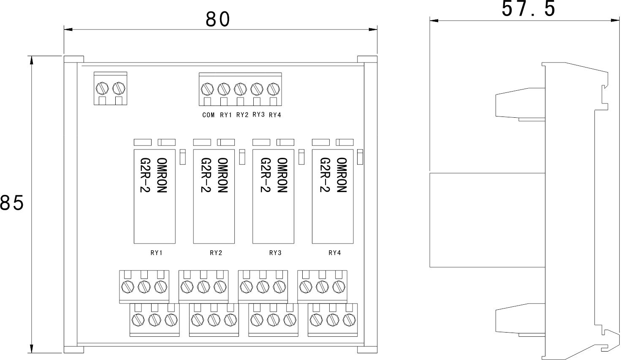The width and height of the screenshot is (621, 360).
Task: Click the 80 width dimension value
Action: pos(218,19)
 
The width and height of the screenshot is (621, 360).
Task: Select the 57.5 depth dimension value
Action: pos(529,9)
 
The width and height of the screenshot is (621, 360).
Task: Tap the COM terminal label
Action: pos(209,115)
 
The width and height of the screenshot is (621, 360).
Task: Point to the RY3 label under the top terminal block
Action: pos(258,115)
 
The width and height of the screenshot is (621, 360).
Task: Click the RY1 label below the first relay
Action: pos(157,253)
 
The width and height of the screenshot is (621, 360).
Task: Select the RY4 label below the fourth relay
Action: pos(334,253)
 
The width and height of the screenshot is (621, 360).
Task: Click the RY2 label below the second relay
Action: pos(216,253)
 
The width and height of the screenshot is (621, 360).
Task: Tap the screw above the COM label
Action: pos(207,89)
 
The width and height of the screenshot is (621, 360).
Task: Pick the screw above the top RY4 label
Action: pos(274,89)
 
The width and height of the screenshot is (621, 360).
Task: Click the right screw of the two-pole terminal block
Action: pos(119,88)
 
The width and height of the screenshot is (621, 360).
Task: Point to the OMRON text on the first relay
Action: pos(162,175)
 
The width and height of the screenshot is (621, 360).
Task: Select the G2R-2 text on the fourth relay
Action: pos(325,175)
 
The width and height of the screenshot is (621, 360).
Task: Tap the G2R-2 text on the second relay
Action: pos(206,175)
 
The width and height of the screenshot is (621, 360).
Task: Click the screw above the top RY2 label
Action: pos(240,89)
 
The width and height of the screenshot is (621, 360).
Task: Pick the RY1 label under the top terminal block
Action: pos(226,115)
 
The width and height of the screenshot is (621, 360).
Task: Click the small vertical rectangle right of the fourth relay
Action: pos(360,157)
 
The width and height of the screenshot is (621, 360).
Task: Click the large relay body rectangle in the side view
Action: pos(486,220)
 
